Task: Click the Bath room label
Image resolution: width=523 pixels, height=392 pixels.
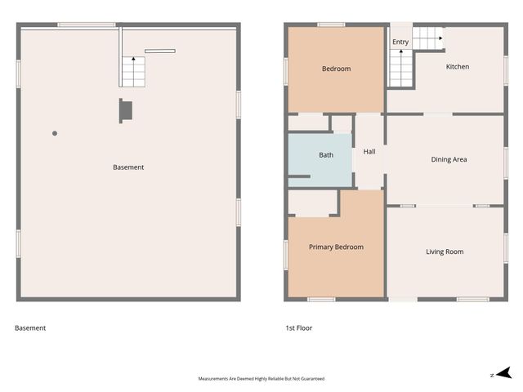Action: click(x=326, y=155)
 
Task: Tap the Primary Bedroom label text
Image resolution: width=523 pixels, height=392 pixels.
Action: click(x=336, y=247)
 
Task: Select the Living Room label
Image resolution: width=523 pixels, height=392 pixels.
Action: click(x=445, y=252)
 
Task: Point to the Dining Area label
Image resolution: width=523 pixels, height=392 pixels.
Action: click(x=449, y=159)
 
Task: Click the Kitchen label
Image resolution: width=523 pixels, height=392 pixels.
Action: click(x=458, y=67)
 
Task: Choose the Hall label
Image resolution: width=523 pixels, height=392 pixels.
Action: click(x=369, y=151)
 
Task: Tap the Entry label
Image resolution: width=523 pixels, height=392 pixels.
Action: click(x=400, y=42)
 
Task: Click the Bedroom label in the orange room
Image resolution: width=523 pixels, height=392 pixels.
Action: click(x=336, y=69)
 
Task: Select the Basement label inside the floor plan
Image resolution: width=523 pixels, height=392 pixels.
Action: click(x=128, y=167)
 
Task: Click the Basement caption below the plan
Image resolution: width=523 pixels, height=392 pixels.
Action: click(x=30, y=328)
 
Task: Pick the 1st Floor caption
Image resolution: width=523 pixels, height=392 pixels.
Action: click(x=298, y=328)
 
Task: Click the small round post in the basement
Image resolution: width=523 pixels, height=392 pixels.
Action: click(x=55, y=133)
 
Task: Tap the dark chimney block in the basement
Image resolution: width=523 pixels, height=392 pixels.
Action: click(x=126, y=110)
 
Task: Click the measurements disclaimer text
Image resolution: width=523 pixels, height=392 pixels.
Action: click(x=261, y=379)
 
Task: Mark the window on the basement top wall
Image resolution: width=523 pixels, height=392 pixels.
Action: click(x=79, y=24)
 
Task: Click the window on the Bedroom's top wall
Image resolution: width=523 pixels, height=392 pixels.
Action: click(x=331, y=24)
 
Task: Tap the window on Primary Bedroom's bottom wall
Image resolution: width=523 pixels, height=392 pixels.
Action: click(x=321, y=300)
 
